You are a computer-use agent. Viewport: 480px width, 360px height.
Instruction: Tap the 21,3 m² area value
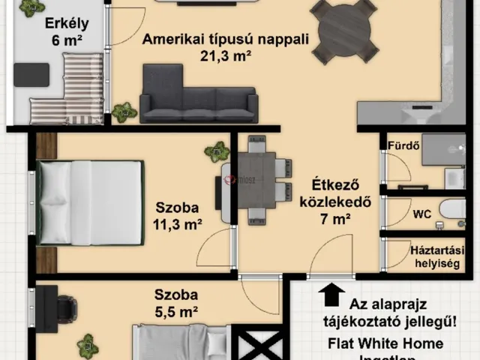[226, 55]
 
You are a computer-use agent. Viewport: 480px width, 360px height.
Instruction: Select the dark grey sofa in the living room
[198, 96]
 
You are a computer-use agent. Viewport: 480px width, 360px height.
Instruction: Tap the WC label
[421, 214]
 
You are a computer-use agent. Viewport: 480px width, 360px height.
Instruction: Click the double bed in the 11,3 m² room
[91, 202]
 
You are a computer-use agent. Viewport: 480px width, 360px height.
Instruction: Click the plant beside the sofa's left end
[124, 113]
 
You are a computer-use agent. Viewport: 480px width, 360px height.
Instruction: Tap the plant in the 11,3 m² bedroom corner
[217, 153]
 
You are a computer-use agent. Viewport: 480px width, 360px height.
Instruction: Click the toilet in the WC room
[453, 212]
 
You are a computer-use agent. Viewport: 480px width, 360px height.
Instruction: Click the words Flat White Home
[385, 344]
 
